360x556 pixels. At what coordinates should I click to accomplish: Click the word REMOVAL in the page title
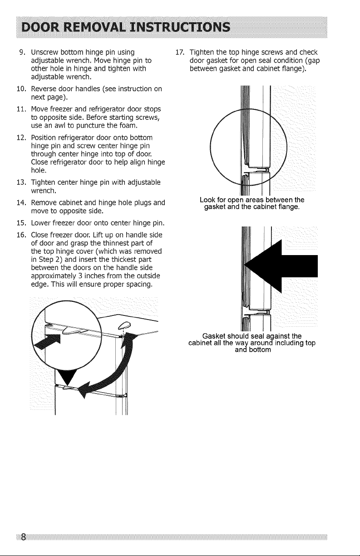tap(95, 27)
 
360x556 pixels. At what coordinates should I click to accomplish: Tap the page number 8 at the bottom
tap(23, 535)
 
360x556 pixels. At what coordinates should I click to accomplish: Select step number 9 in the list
tap(22, 52)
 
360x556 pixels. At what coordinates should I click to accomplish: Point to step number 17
tap(180, 52)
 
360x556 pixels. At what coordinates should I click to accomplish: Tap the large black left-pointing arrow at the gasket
tap(281, 266)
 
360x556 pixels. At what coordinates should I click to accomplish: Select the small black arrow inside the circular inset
tap(47, 341)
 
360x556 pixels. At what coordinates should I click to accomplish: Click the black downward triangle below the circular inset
tap(67, 376)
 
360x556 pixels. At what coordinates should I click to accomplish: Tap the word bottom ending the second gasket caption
tap(260, 350)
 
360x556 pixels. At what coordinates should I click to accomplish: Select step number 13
tap(21, 182)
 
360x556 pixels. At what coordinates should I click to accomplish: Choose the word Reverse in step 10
tap(44, 89)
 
